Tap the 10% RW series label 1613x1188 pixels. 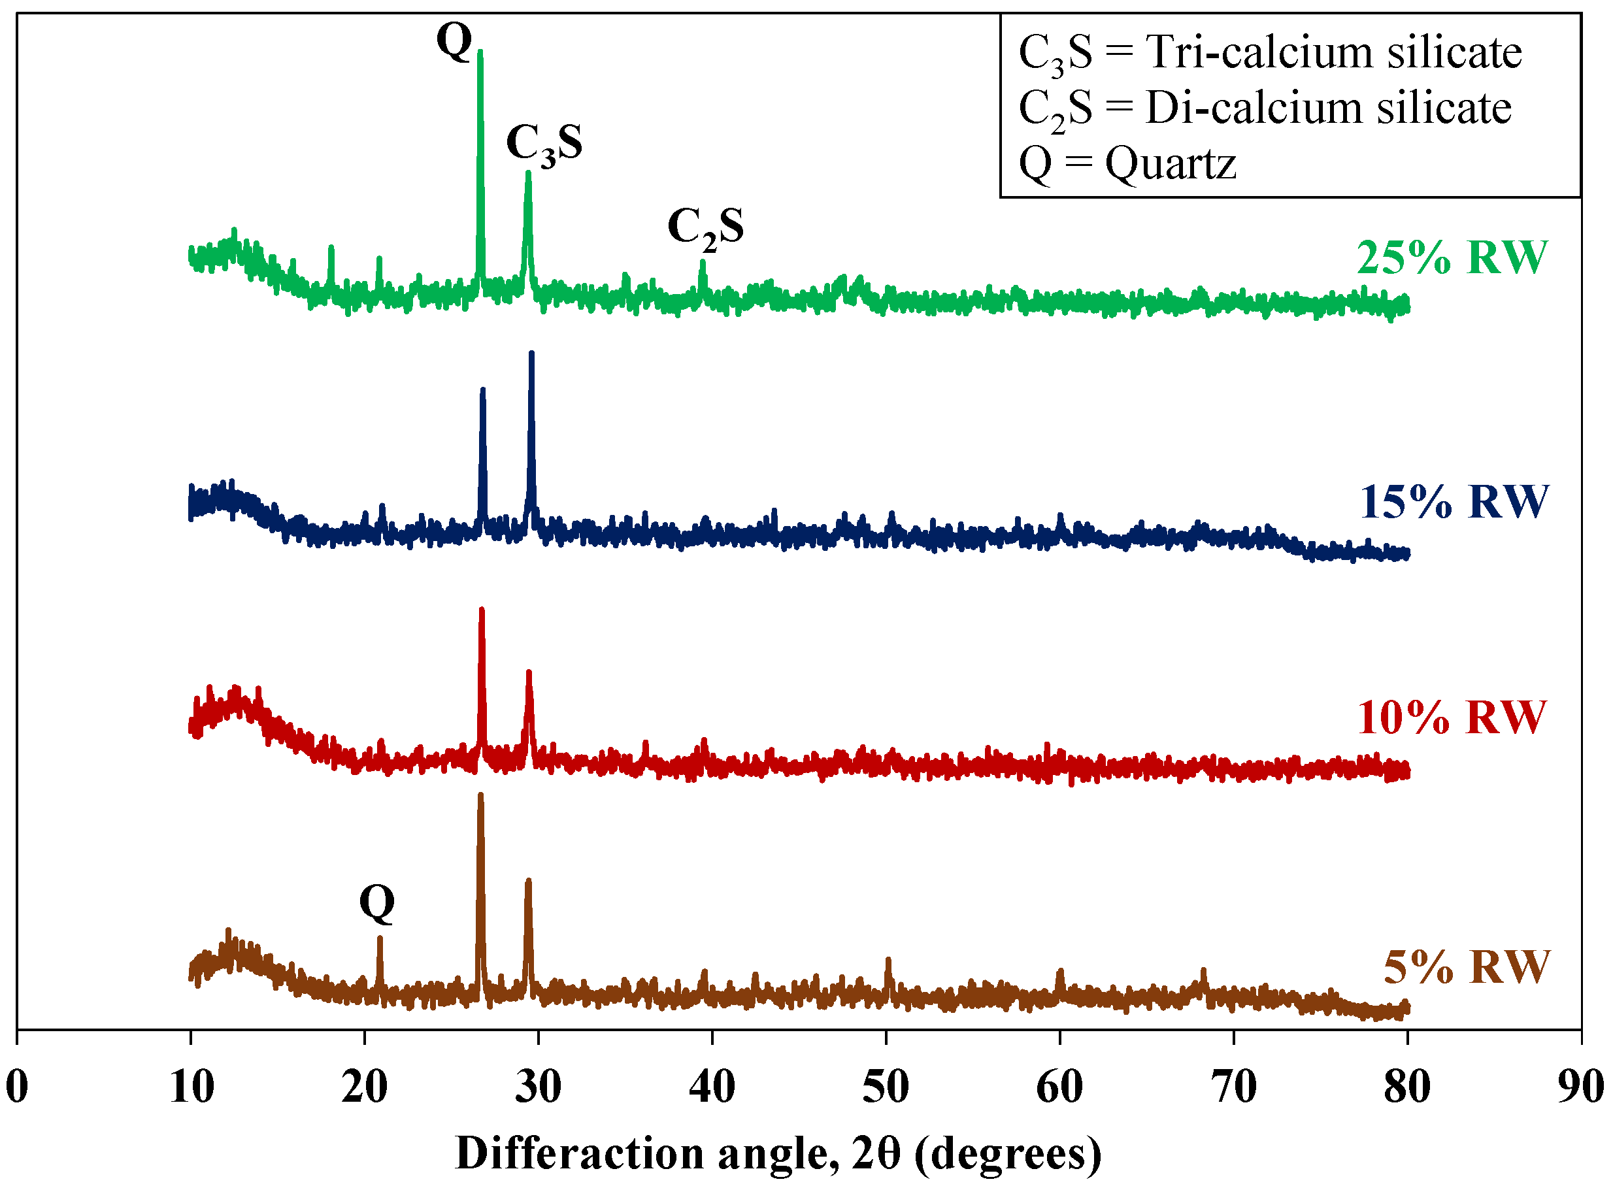click(1450, 717)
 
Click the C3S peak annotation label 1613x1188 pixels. click(544, 143)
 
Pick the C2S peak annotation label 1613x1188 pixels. click(705, 227)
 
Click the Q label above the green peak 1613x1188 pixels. click(454, 41)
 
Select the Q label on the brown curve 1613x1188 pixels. click(377, 902)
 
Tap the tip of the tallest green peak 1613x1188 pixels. click(480, 52)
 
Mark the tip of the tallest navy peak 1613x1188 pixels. click(531, 353)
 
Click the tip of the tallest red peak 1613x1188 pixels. click(481, 610)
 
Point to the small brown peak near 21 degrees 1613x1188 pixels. click(380, 938)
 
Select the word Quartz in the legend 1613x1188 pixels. click(1170, 164)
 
